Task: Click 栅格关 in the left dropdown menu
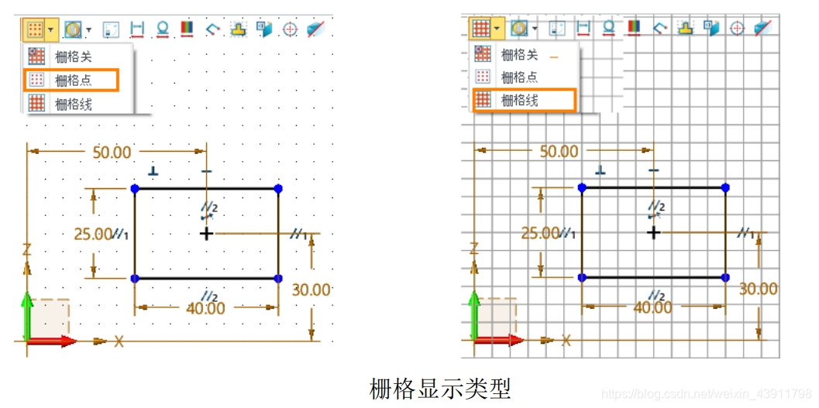pos(73,56)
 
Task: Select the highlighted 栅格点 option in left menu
pos(73,80)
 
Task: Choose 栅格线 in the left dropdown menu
pos(73,104)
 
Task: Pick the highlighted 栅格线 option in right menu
pos(519,100)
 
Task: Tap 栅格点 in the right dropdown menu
pos(519,77)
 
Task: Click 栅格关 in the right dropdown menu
pos(519,54)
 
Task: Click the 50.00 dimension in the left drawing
pos(112,153)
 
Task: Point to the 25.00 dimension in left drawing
pos(92,234)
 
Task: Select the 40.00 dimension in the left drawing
pos(205,308)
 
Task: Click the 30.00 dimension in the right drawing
pos(758,289)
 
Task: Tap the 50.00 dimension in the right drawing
pos(559,152)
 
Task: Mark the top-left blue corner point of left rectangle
pos(135,188)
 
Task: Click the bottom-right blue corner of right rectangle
pos(725,277)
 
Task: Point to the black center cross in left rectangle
pos(206,233)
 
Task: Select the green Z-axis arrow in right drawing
pos(473,314)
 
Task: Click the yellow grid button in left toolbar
pos(34,30)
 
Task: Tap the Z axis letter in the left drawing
pos(26,250)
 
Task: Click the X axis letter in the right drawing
pos(566,340)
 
